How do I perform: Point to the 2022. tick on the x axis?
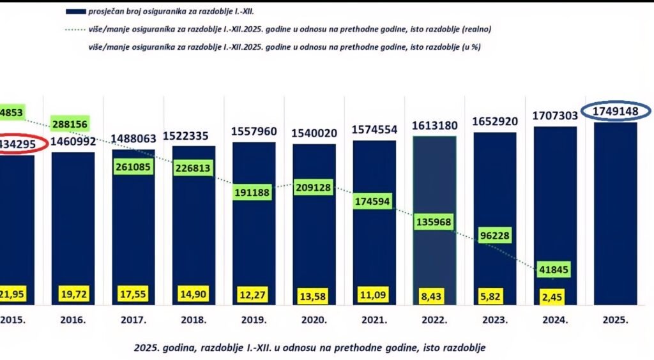click(x=434, y=319)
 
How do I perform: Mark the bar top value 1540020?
click(x=314, y=133)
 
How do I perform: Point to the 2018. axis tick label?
click(x=194, y=319)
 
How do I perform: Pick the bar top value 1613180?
click(x=434, y=125)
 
